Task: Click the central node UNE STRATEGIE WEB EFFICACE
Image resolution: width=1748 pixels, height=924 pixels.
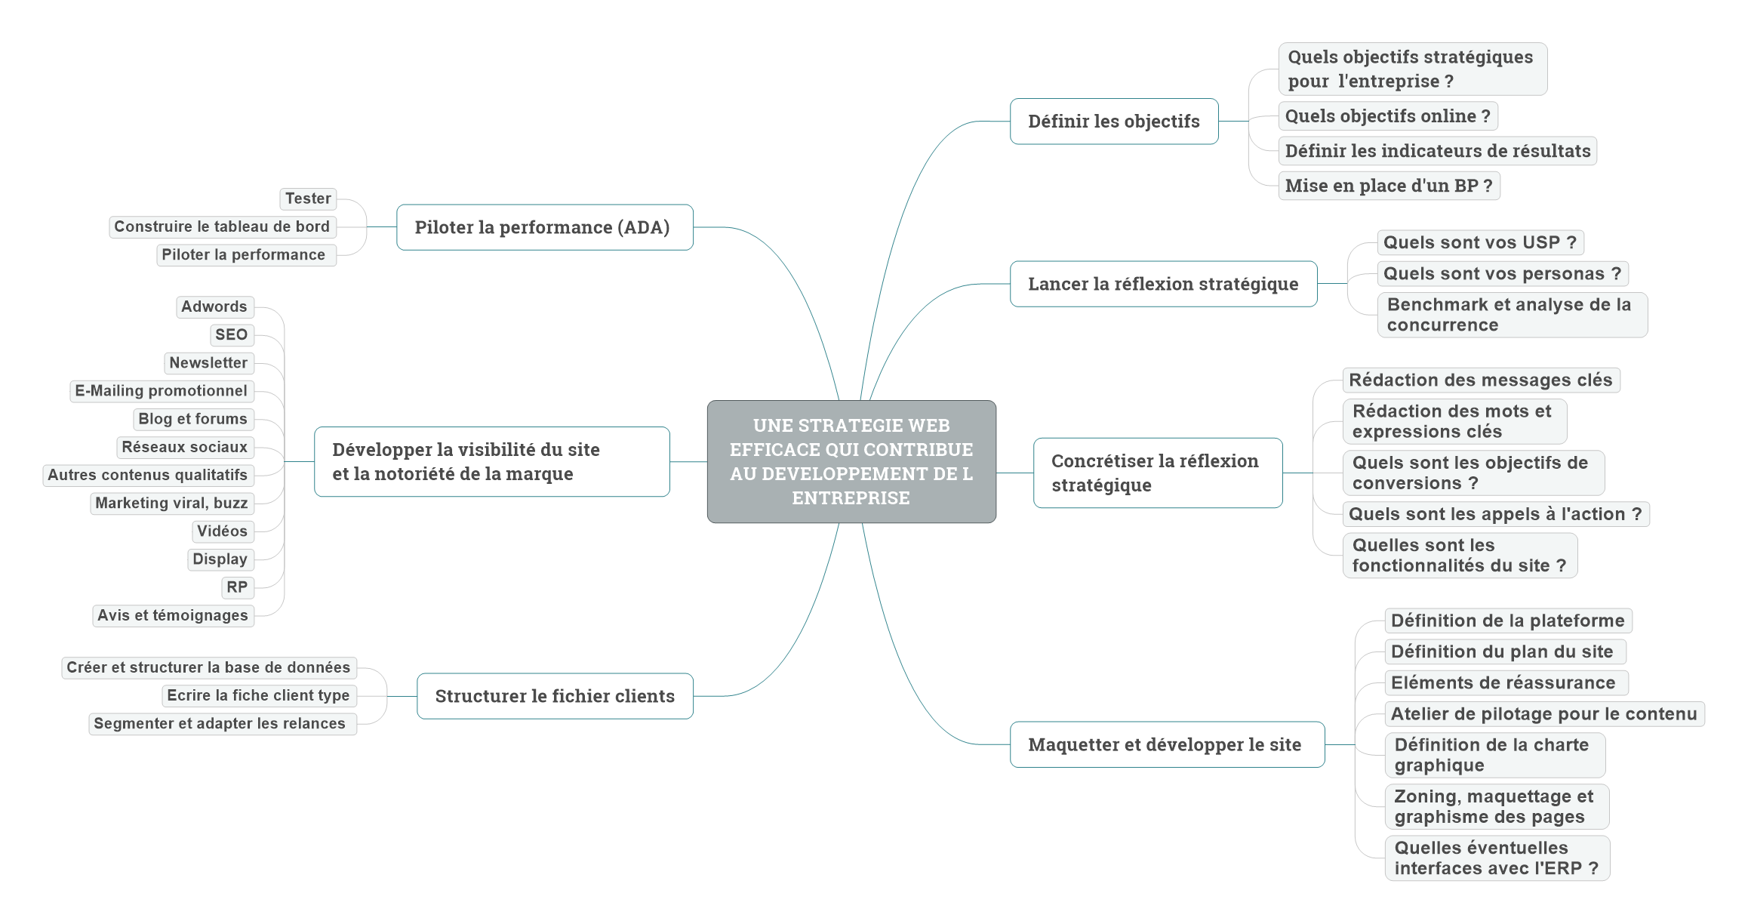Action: (851, 461)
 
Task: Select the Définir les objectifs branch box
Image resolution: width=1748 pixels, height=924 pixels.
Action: (1114, 121)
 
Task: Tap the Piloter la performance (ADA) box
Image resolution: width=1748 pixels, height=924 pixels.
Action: (545, 227)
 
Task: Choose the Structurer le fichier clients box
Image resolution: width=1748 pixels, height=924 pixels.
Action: (555, 696)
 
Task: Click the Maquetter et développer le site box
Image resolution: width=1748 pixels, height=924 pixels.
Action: (1167, 744)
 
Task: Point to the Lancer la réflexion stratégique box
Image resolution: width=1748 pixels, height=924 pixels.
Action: (1163, 284)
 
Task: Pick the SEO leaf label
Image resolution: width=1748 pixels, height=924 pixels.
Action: (232, 334)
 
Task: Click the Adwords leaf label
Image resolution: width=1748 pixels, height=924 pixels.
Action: (214, 306)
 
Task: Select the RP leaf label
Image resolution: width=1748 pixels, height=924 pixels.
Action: (237, 587)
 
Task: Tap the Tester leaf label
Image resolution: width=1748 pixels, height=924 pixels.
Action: (308, 199)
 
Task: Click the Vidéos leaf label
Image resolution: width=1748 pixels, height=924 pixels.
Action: (223, 531)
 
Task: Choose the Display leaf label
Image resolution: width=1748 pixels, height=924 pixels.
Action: (220, 559)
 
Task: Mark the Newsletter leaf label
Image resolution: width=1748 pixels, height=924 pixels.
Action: (208, 363)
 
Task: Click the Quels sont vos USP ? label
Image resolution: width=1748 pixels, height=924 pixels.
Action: (1480, 242)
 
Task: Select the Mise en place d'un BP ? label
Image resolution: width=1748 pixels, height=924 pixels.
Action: (1389, 186)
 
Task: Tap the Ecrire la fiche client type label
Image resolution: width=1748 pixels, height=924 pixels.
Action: (259, 695)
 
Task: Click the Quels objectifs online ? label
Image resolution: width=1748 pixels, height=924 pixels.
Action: (1388, 116)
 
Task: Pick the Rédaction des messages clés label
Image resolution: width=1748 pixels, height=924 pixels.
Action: (1481, 380)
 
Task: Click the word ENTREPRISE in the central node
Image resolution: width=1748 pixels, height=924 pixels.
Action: (851, 498)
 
